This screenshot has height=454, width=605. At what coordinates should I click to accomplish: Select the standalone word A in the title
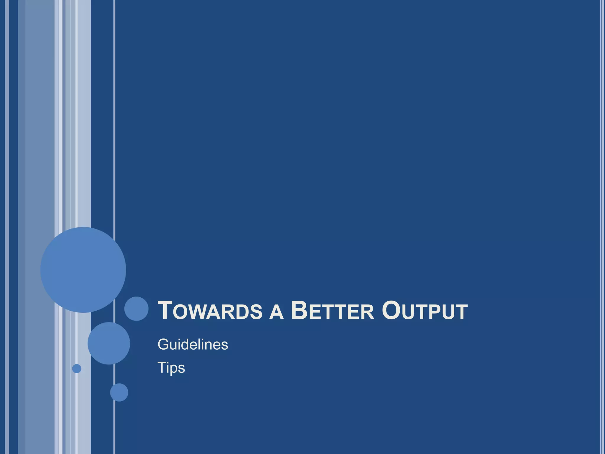[277, 313]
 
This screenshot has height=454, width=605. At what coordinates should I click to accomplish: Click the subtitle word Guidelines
[193, 345]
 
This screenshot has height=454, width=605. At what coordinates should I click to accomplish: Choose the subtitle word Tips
[171, 368]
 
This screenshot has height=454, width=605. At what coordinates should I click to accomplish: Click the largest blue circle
[83, 270]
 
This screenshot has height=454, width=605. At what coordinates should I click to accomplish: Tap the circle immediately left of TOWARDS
[136, 309]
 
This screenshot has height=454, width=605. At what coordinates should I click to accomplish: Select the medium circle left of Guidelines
[109, 343]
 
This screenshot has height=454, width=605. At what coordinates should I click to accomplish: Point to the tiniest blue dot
[77, 369]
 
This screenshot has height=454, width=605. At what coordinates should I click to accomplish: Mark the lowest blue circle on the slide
[119, 392]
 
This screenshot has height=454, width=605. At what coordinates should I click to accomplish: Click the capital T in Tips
[162, 367]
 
